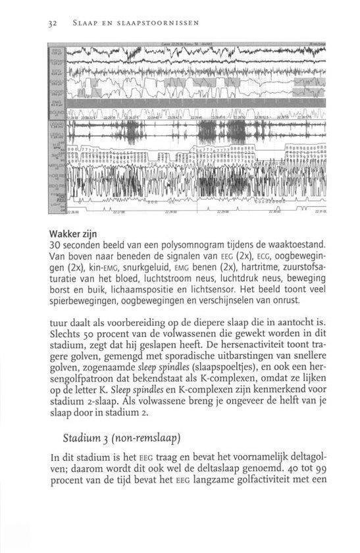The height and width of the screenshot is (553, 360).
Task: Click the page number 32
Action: [x=52, y=22]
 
